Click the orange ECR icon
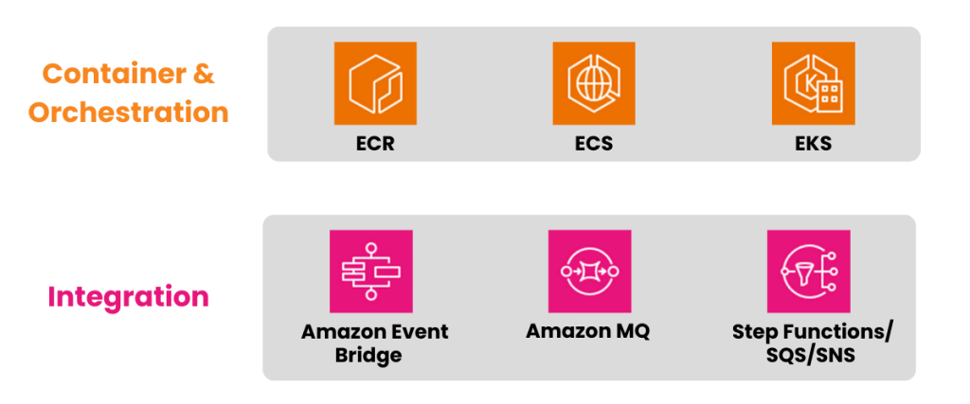pyautogui.click(x=376, y=82)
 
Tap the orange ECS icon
pyautogui.click(x=595, y=82)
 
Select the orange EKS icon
pyautogui.click(x=814, y=82)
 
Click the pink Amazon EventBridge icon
pyautogui.click(x=370, y=271)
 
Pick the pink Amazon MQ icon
pyautogui.click(x=589, y=271)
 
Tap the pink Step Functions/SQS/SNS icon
pyautogui.click(x=808, y=271)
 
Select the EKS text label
pyautogui.click(x=814, y=145)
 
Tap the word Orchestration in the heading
pyautogui.click(x=128, y=112)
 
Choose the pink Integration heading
pyautogui.click(x=128, y=296)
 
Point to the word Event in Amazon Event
pyautogui.click(x=419, y=333)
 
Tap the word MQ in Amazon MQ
pyautogui.click(x=628, y=333)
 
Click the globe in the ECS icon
pyautogui.click(x=593, y=82)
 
